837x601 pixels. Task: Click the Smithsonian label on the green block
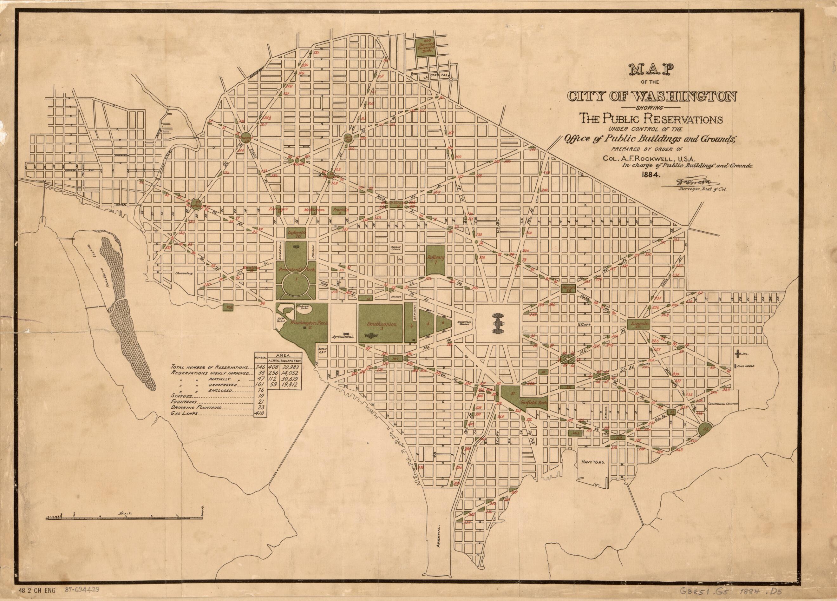(x=381, y=324)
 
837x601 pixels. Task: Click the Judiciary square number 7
(x=436, y=262)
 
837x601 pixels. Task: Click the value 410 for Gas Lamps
(x=259, y=414)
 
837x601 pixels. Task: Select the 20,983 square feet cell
(x=291, y=368)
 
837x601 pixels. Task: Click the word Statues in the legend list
(x=181, y=396)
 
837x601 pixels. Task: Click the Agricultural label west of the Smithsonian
(x=343, y=337)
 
